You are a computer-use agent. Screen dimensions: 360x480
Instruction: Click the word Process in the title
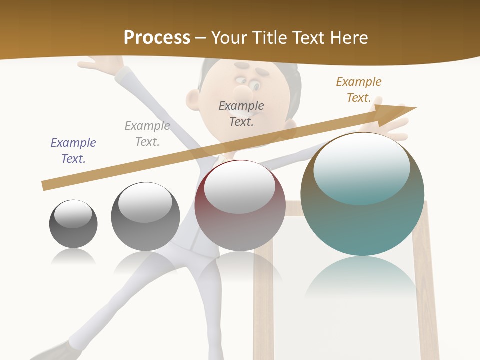point(157,37)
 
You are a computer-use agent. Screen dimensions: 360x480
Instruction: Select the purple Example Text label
point(73,150)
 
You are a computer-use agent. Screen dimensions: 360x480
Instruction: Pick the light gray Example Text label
point(147,133)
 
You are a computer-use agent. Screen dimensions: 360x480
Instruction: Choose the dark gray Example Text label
point(241,113)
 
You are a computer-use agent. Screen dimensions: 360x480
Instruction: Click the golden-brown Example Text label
point(359,89)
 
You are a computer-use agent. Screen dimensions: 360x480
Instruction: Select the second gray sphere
point(145,217)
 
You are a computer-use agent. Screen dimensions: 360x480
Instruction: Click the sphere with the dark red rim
point(240,206)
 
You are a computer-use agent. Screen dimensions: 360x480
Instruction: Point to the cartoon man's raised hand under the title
point(102,64)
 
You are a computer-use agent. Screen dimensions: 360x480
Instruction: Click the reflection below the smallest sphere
point(73,257)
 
